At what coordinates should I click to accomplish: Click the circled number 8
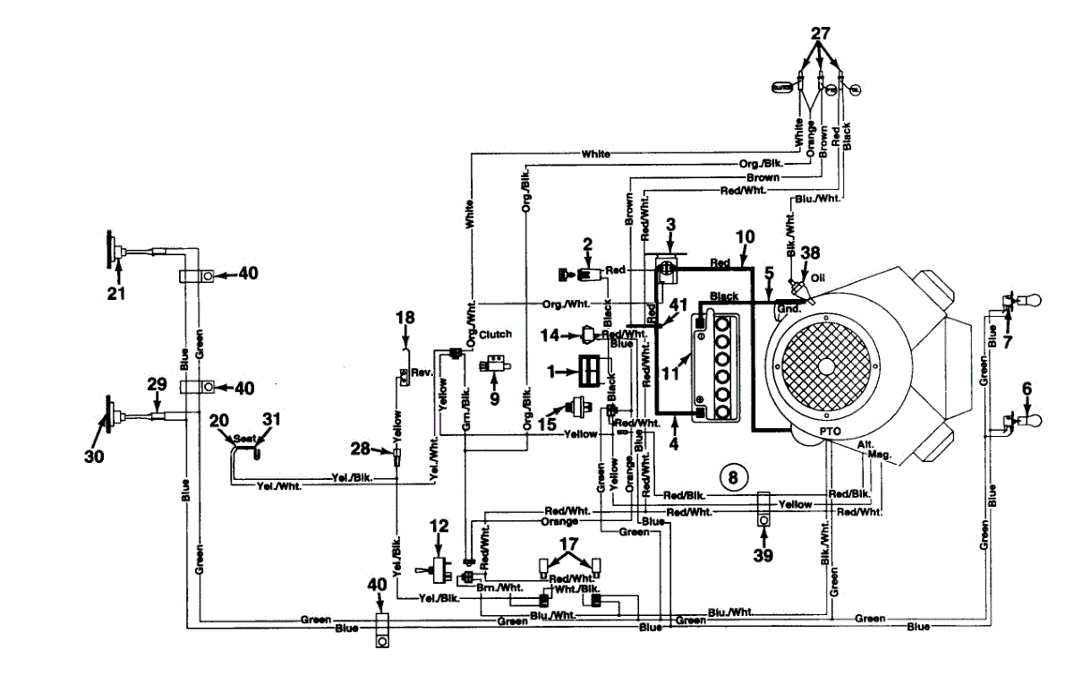click(732, 477)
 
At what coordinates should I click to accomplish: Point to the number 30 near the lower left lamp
click(94, 456)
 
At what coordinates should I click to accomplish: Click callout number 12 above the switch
click(437, 526)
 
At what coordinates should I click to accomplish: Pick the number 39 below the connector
click(763, 556)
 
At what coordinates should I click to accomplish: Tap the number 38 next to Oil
click(811, 253)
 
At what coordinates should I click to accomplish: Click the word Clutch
click(496, 334)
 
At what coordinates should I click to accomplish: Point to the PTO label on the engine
click(828, 431)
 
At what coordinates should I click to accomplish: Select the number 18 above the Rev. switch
click(405, 317)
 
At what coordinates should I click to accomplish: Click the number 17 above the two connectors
click(569, 543)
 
